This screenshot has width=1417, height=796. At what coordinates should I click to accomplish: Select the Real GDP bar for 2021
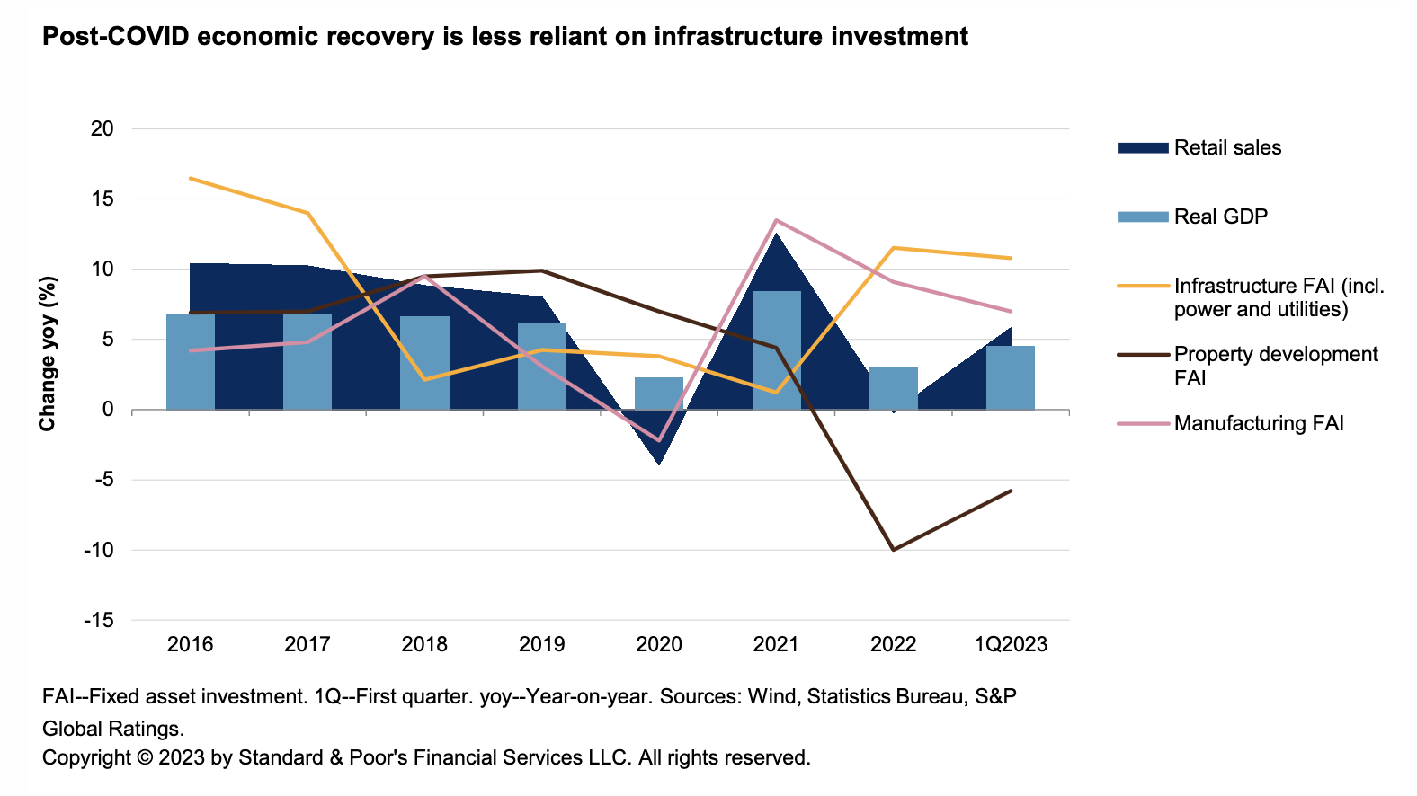(x=776, y=350)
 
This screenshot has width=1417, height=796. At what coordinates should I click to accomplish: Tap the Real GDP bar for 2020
(x=659, y=394)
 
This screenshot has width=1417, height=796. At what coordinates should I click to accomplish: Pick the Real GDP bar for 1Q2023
(x=1011, y=378)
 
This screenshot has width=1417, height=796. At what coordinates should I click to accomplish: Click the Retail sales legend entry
(x=1227, y=148)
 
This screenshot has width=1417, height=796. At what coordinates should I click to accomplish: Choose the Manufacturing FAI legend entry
(x=1258, y=423)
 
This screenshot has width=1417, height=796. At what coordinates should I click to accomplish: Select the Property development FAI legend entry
(x=1275, y=366)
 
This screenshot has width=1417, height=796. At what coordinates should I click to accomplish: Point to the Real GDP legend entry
(x=1220, y=217)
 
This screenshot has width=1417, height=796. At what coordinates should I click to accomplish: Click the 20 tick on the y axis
(x=103, y=128)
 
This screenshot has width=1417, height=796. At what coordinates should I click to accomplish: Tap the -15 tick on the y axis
(x=99, y=620)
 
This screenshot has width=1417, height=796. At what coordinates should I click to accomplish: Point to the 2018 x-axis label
(x=424, y=644)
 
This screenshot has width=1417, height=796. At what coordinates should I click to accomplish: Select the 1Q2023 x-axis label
(x=1012, y=644)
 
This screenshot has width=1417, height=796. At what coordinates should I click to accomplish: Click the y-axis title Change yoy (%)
(x=48, y=354)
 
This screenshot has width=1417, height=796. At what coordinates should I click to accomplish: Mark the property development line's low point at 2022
(x=893, y=550)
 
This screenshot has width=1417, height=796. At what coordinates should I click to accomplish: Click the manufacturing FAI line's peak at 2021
(x=776, y=220)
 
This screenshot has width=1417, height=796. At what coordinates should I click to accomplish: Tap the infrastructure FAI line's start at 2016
(x=191, y=178)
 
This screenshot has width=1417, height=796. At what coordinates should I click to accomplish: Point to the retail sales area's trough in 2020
(x=659, y=464)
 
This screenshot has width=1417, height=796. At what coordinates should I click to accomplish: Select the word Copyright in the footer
(x=86, y=757)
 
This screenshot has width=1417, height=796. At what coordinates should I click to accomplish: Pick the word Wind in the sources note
(x=771, y=697)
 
